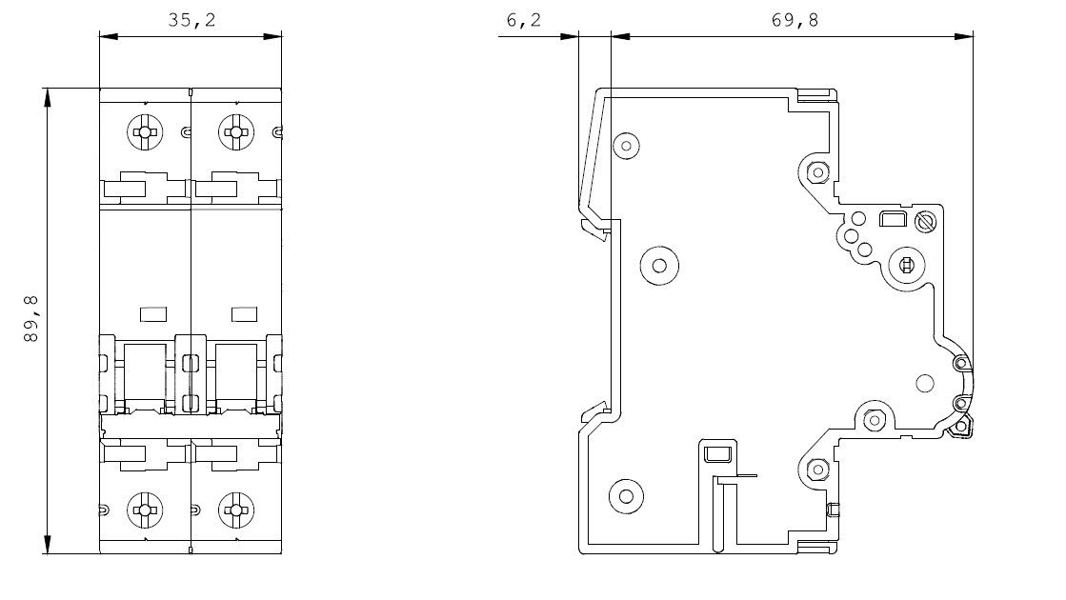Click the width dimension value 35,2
pyautogui.click(x=191, y=20)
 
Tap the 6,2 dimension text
pyautogui.click(x=523, y=20)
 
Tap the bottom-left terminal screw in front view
pyautogui.click(x=145, y=510)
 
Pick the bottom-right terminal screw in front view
pyautogui.click(x=234, y=510)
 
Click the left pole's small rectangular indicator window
pyautogui.click(x=153, y=313)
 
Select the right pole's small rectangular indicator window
pyautogui.click(x=245, y=313)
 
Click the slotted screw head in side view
pyautogui.click(x=921, y=223)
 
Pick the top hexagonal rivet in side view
pyautogui.click(x=816, y=172)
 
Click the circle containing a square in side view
pyautogui.click(x=905, y=266)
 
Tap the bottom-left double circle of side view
pyautogui.click(x=626, y=494)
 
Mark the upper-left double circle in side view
pyautogui.click(x=626, y=146)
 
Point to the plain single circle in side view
pyautogui.click(x=923, y=384)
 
